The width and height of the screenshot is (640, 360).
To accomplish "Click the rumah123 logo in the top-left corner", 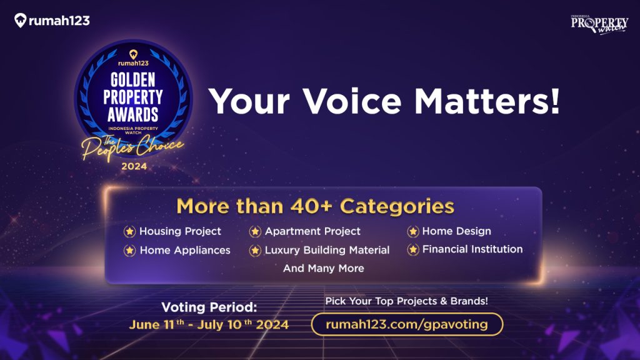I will (52, 21).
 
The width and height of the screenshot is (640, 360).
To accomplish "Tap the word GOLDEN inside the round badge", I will (133, 80).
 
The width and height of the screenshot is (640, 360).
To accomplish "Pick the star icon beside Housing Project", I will (129, 232).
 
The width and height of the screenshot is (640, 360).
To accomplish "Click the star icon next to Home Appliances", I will (129, 251).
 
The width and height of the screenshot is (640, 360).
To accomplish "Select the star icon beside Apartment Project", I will (255, 232).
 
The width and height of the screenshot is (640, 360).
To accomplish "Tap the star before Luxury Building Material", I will (255, 251).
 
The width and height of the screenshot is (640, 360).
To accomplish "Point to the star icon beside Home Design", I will (413, 232).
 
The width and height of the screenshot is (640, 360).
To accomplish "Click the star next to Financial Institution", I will (413, 250).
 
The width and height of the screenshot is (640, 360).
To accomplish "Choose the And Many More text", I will (323, 268).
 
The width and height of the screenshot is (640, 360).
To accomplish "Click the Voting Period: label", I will (209, 307).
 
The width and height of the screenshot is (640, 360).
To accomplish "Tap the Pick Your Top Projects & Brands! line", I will (406, 301).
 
